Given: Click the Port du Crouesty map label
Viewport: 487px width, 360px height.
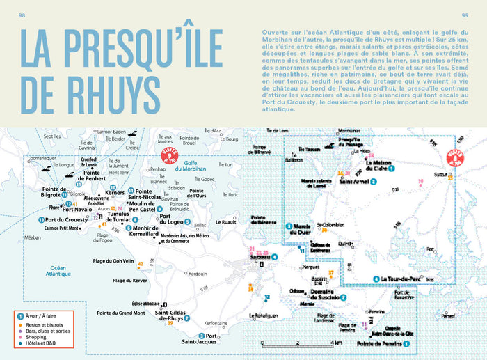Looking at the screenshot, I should [x=70, y=219].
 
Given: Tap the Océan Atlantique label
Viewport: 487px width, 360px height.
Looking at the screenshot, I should [x=57, y=270].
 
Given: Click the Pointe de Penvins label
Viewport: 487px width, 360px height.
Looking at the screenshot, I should [x=380, y=343].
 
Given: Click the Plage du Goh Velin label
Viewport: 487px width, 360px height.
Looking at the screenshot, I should [x=113, y=262].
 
